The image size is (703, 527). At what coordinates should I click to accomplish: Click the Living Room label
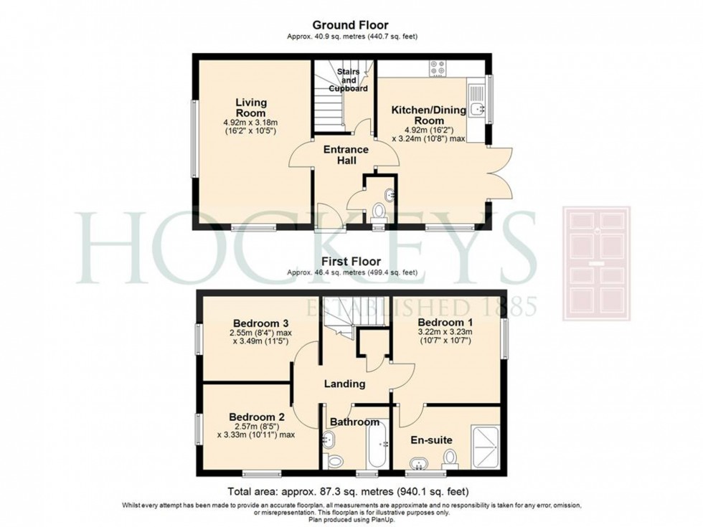(251, 108)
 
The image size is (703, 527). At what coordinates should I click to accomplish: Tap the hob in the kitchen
(438, 68)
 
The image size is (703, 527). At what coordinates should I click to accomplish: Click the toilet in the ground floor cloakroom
(379, 212)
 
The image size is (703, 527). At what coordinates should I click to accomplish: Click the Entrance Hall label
(346, 155)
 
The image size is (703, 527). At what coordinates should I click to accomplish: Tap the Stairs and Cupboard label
(349, 80)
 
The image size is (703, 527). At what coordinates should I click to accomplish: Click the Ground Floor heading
(351, 25)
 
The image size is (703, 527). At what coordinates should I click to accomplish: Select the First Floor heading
(351, 261)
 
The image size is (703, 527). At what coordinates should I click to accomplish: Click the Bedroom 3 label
(260, 323)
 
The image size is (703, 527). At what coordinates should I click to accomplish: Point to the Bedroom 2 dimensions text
(256, 431)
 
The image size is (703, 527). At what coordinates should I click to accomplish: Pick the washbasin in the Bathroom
(329, 440)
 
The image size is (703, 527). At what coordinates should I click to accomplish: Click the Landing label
(345, 384)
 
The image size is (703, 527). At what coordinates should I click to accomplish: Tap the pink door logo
(597, 264)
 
